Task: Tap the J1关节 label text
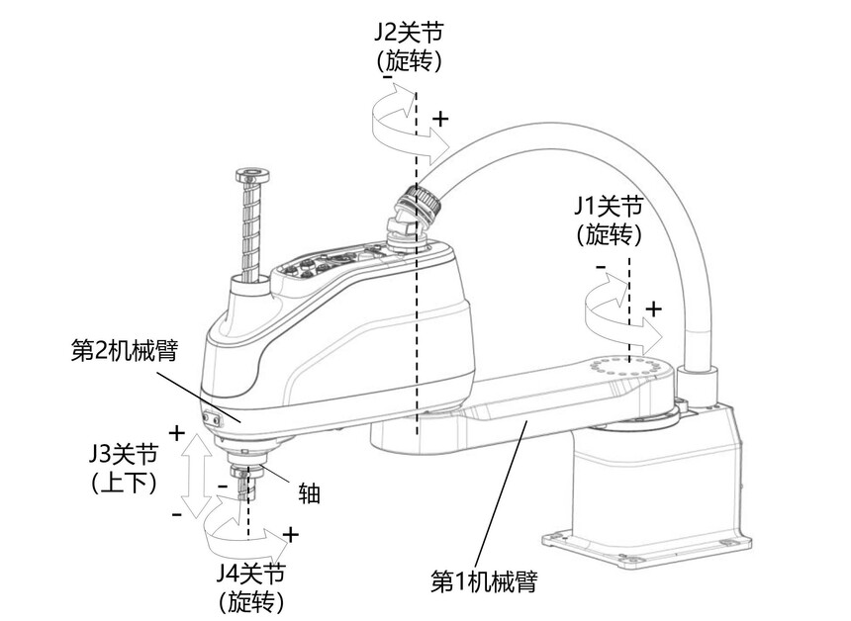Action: (x=609, y=207)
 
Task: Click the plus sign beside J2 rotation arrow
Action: (x=440, y=118)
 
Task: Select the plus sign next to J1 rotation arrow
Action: (x=653, y=308)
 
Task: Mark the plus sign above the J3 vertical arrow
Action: (x=177, y=432)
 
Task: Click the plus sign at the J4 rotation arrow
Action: (x=290, y=535)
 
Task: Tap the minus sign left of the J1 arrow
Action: (x=601, y=267)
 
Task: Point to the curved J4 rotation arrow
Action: (x=242, y=534)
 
